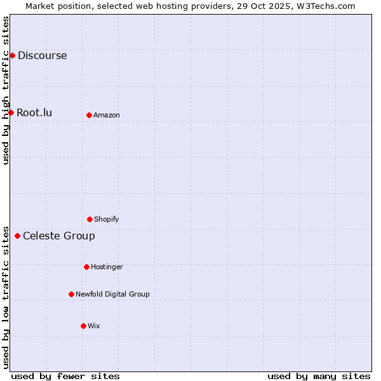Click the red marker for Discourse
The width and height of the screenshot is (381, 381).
click(12, 55)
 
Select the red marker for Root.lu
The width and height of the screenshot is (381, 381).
click(11, 112)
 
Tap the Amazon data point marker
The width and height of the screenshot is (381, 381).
click(89, 115)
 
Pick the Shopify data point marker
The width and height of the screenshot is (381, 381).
click(90, 219)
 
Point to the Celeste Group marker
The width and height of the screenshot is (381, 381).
click(17, 236)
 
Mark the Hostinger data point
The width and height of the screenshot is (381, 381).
click(86, 267)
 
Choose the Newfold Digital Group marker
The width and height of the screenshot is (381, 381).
click(71, 294)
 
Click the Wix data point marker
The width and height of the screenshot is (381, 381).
click(83, 326)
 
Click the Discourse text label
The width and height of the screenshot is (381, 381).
click(42, 55)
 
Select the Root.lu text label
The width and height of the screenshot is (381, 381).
click(34, 112)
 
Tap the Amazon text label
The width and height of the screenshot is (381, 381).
click(107, 115)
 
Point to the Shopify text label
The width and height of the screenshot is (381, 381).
click(107, 219)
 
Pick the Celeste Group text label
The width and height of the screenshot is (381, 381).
click(59, 236)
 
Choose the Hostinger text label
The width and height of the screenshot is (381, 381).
click(107, 267)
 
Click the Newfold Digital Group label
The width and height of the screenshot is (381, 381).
click(112, 294)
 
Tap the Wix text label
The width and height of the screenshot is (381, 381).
click(94, 326)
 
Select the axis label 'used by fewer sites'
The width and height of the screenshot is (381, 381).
click(65, 376)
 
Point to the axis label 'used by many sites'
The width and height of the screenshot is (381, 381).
click(319, 376)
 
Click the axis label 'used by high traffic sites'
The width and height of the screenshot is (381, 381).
click(6, 90)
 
